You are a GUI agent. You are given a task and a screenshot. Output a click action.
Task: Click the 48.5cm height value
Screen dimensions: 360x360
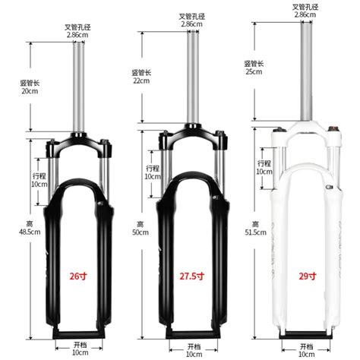point(30,231)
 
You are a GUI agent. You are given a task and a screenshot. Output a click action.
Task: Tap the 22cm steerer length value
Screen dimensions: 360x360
point(140,81)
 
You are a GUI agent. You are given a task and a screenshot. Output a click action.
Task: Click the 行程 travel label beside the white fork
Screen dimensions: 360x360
point(264,163)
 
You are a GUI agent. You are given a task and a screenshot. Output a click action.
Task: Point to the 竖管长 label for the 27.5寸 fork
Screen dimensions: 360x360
point(141,72)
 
